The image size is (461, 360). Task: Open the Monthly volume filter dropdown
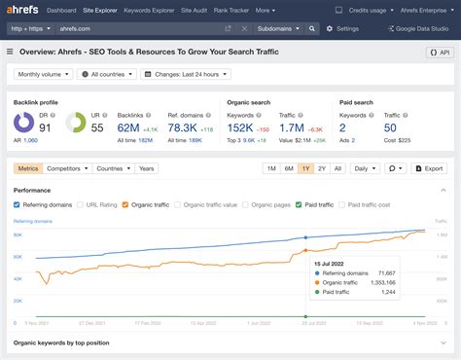42,74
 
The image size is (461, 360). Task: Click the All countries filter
109,74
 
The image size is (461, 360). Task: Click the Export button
427,168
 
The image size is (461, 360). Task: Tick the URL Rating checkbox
82,205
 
